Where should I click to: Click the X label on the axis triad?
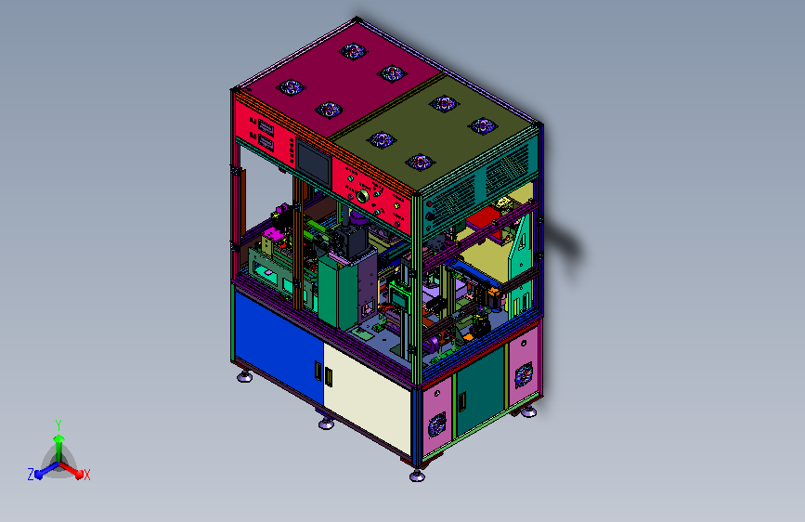(86, 475)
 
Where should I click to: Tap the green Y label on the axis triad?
(58, 425)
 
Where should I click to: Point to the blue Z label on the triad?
(31, 475)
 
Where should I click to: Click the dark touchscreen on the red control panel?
(313, 162)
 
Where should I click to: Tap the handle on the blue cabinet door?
(318, 371)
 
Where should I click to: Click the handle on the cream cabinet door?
(329, 376)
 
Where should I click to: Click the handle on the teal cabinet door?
(462, 401)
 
